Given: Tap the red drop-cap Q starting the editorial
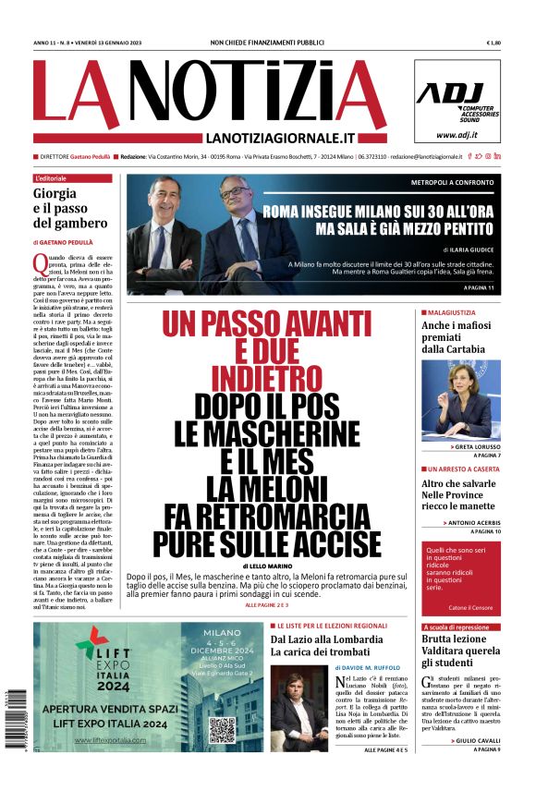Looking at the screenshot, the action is [40, 262].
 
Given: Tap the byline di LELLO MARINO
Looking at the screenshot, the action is [266, 564].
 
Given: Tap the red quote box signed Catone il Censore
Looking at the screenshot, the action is [461, 578].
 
